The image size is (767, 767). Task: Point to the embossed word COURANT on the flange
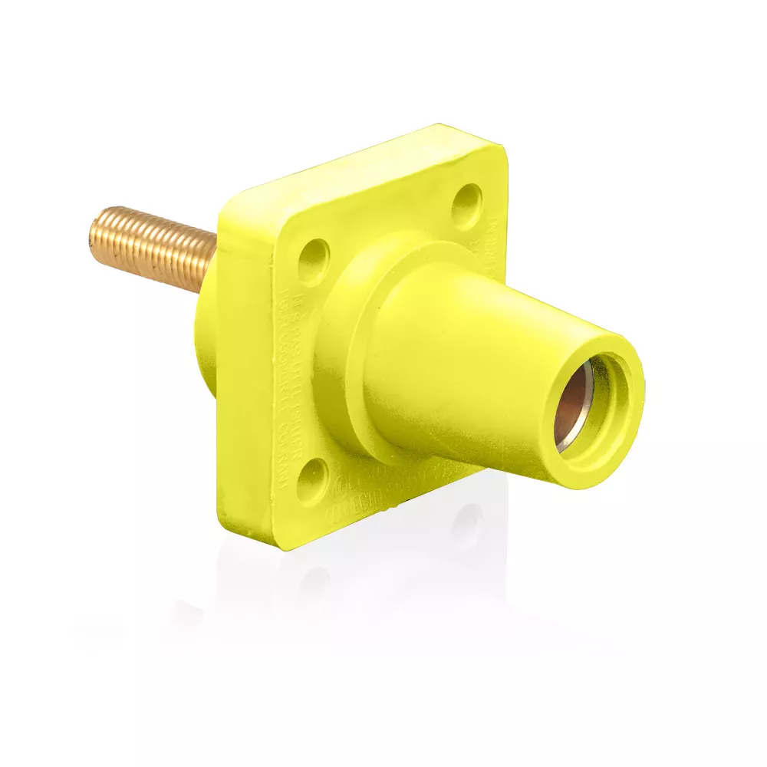point(284,453)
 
